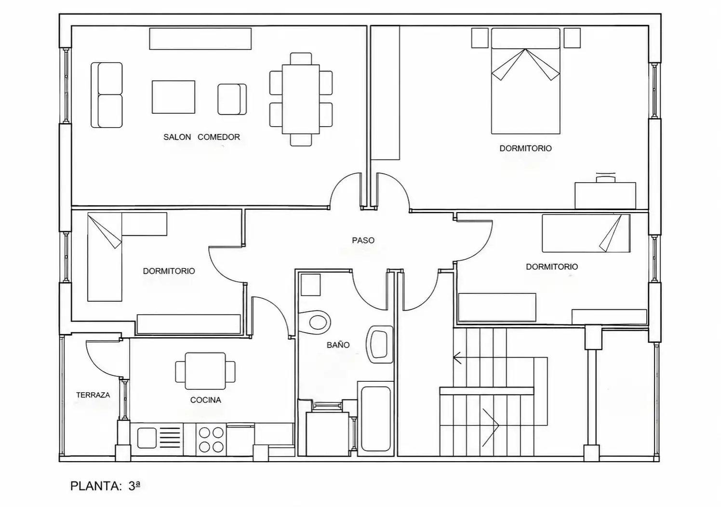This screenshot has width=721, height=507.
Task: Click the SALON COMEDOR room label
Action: pyautogui.click(x=202, y=137)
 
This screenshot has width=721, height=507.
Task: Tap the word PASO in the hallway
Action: pyautogui.click(x=363, y=240)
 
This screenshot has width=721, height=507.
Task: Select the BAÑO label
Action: pyautogui.click(x=338, y=345)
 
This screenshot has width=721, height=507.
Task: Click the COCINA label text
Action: pyautogui.click(x=205, y=400)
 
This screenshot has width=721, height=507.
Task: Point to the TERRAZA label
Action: pyautogui.click(x=93, y=395)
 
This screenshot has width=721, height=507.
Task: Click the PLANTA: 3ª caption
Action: pyautogui.click(x=105, y=486)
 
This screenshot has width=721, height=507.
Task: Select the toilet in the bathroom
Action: pyautogui.click(x=314, y=322)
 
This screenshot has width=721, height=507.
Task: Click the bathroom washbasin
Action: pyautogui.click(x=380, y=345)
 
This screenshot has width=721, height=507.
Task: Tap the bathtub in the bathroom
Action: pyautogui.click(x=375, y=418)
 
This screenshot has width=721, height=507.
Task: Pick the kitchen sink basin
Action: pyautogui.click(x=147, y=438)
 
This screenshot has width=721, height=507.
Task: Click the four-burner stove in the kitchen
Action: pyautogui.click(x=211, y=440)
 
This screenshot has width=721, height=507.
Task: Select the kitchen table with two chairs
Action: pyautogui.click(x=205, y=371)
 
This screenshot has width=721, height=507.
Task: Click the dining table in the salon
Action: pyautogui.click(x=301, y=99)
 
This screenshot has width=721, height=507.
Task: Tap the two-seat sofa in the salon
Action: pyautogui.click(x=107, y=95)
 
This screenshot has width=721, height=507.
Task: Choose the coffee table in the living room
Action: pyautogui.click(x=174, y=97)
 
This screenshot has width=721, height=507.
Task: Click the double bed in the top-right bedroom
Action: pyautogui.click(x=526, y=81)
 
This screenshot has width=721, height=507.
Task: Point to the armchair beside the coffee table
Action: pyautogui.click(x=232, y=99)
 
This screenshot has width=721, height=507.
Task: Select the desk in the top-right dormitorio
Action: pyautogui.click(x=605, y=195)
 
